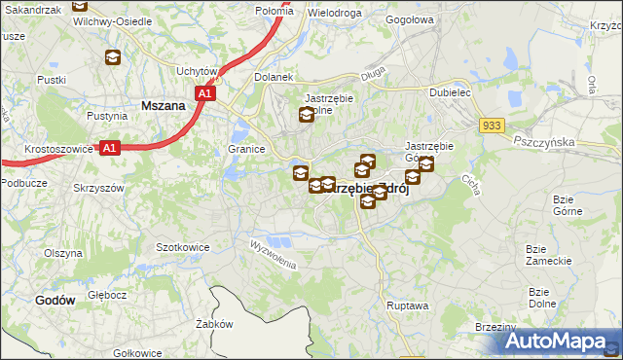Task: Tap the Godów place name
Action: point(55,301)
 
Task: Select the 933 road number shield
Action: point(492,126)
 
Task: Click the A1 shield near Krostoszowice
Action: point(110,148)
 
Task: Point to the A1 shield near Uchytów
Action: point(204,93)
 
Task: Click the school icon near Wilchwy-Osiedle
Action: point(112,58)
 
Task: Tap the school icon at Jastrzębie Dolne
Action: point(307,116)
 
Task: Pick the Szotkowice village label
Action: point(183,247)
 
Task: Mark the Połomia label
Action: point(246,9)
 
